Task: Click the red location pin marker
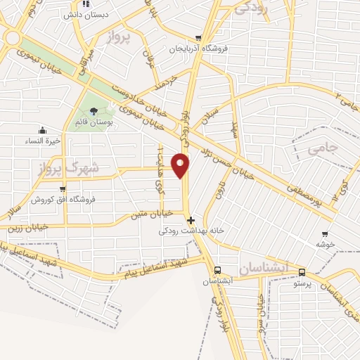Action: [181, 165]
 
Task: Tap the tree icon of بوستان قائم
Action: [94, 110]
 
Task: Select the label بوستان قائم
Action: [94, 122]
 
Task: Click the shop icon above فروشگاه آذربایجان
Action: [199, 39]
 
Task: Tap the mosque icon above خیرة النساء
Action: [43, 129]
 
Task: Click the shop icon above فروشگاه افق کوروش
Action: [63, 188]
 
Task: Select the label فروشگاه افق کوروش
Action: [62, 200]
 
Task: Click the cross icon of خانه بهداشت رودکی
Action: [191, 219]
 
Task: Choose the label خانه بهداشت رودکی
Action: [184, 231]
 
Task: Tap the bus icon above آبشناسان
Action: [217, 270]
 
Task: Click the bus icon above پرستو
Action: [302, 272]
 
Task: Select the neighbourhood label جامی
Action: [322, 148]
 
